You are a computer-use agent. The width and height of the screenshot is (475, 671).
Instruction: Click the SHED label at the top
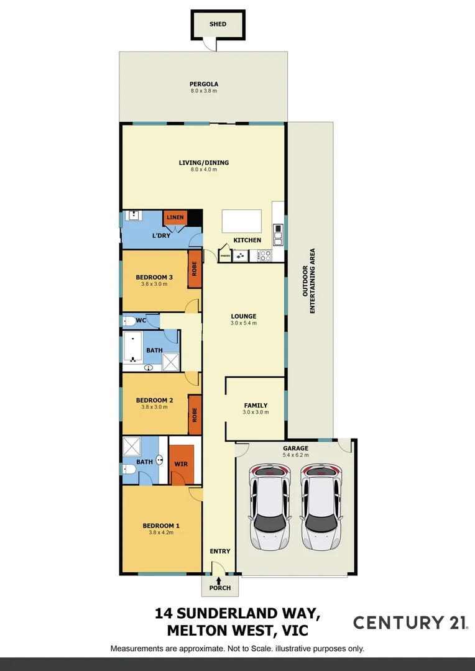click(218, 24)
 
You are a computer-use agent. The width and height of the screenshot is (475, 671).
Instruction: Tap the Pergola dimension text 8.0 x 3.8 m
click(204, 91)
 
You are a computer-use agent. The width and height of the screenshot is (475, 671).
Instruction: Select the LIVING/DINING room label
click(204, 163)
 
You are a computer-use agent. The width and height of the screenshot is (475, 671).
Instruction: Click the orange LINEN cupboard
click(175, 217)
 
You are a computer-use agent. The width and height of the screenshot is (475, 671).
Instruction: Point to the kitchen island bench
click(242, 221)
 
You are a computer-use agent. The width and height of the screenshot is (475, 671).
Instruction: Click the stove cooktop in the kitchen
click(264, 255)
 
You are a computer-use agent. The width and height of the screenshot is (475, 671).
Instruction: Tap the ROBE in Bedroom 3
click(195, 268)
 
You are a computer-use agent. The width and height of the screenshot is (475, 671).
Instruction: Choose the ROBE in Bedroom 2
click(195, 414)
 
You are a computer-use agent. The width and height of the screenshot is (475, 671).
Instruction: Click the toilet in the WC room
click(129, 321)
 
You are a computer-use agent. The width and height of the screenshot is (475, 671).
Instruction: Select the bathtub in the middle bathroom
click(132, 346)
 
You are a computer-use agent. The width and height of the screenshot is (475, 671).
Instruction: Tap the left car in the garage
click(270, 506)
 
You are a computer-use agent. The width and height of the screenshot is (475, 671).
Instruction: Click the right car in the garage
click(322, 506)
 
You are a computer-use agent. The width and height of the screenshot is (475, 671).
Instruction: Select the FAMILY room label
click(256, 405)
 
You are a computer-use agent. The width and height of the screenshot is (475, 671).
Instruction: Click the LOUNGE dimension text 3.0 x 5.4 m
click(243, 323)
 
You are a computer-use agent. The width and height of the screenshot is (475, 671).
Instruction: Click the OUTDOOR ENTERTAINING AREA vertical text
click(309, 281)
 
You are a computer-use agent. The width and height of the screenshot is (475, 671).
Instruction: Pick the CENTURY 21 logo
click(410, 623)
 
